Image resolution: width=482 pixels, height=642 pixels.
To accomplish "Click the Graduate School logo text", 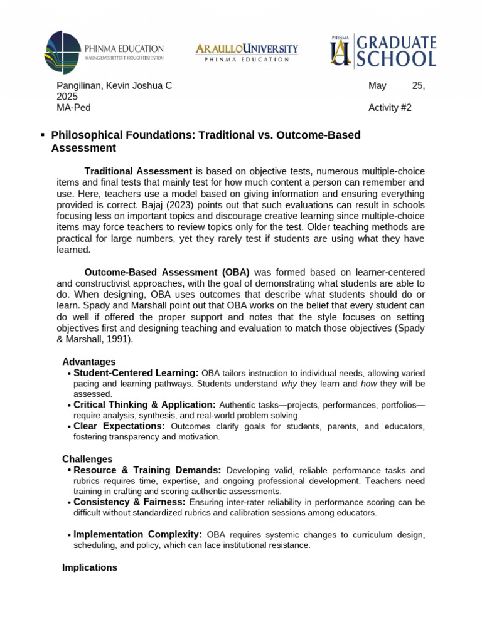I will click(395, 51).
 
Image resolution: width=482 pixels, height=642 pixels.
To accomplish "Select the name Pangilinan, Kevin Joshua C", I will click(114, 86).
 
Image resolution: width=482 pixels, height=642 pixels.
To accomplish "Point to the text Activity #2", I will click(390, 107).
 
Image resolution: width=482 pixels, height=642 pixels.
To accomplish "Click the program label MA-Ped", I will click(73, 107).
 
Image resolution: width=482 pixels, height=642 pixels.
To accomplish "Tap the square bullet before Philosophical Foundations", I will click(42, 135).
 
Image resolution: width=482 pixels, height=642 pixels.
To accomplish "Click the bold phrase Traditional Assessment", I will click(138, 171).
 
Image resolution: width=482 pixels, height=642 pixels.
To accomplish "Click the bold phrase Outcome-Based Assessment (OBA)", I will click(167, 272).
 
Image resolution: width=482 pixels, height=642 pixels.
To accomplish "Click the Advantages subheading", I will click(88, 362).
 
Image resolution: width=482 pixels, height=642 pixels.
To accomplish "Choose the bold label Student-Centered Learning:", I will click(136, 373).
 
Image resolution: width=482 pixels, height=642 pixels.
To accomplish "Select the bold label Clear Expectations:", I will click(119, 426).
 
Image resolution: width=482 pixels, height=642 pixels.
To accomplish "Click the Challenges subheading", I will click(87, 459).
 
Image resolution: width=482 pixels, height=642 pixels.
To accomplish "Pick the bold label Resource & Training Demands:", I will click(147, 470).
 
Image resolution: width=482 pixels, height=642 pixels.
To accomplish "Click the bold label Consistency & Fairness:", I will click(129, 502).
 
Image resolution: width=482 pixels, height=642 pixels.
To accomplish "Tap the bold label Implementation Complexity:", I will click(137, 534).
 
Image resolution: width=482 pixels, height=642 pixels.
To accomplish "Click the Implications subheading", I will click(89, 567).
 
